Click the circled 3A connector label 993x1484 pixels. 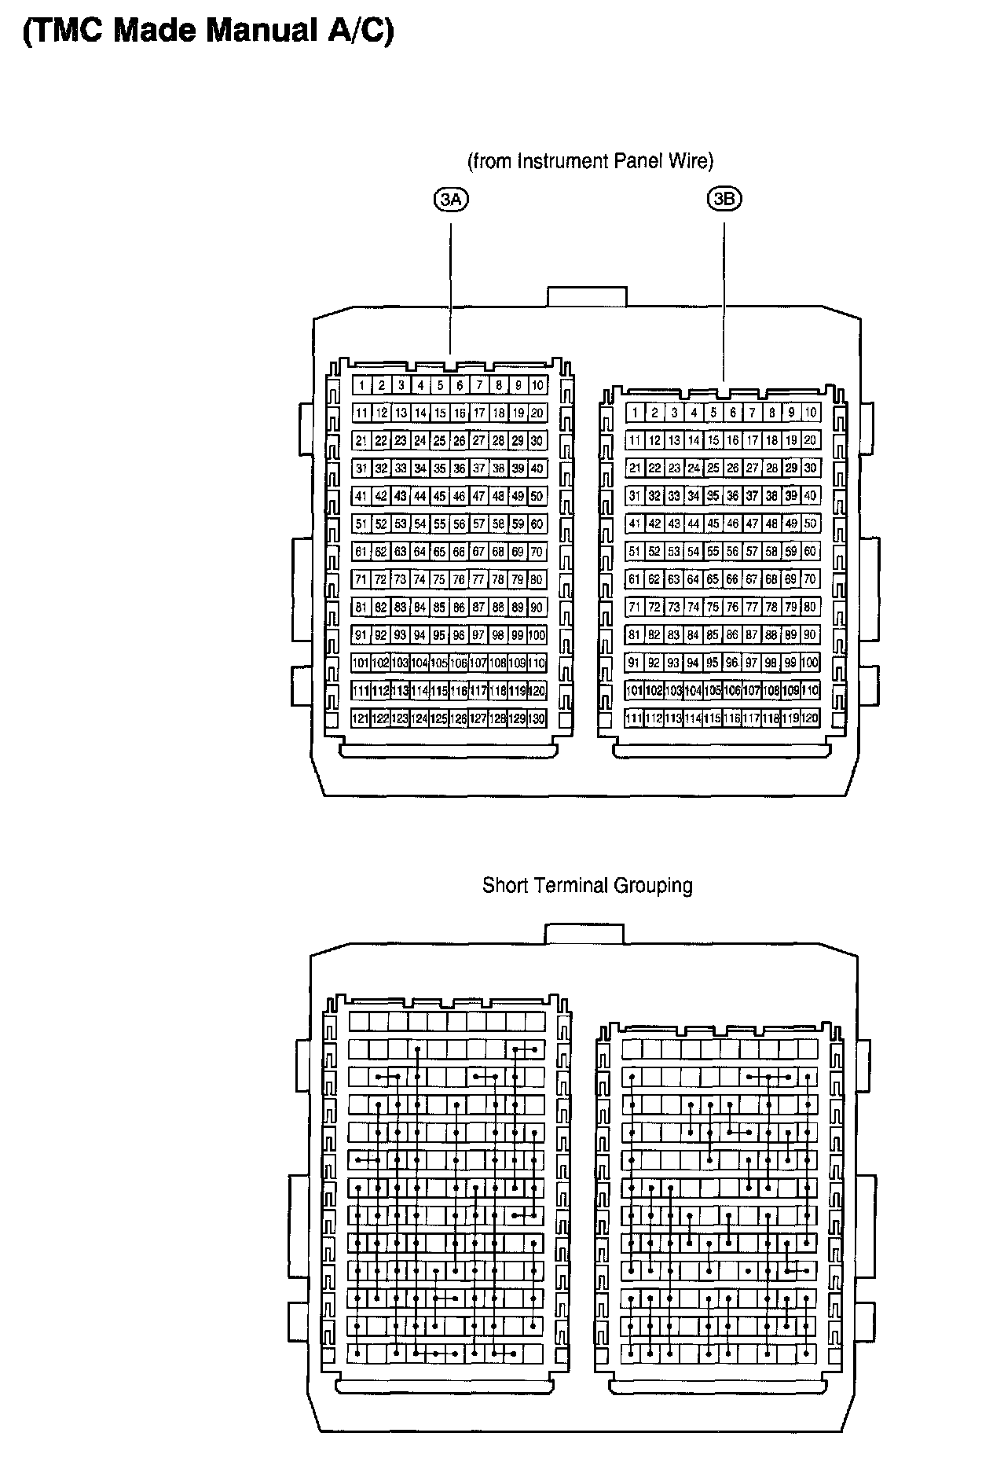pyautogui.click(x=451, y=200)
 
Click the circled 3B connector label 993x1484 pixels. pyautogui.click(x=724, y=199)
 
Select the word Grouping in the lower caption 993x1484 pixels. pyautogui.click(x=653, y=886)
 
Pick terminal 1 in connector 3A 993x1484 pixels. pyautogui.click(x=361, y=385)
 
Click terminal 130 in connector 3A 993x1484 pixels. pyautogui.click(x=537, y=718)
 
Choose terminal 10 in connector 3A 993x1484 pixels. pyautogui.click(x=537, y=385)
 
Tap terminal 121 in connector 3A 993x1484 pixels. pyautogui.click(x=361, y=718)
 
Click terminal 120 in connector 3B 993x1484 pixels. pyautogui.click(x=810, y=718)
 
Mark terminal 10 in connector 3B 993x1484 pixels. pyautogui.click(x=811, y=412)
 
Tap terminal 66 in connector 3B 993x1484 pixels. pyautogui.click(x=732, y=579)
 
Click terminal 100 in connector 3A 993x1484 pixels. pyautogui.click(x=537, y=635)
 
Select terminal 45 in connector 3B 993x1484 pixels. pyautogui.click(x=713, y=523)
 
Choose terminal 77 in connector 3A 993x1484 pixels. pyautogui.click(x=478, y=579)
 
